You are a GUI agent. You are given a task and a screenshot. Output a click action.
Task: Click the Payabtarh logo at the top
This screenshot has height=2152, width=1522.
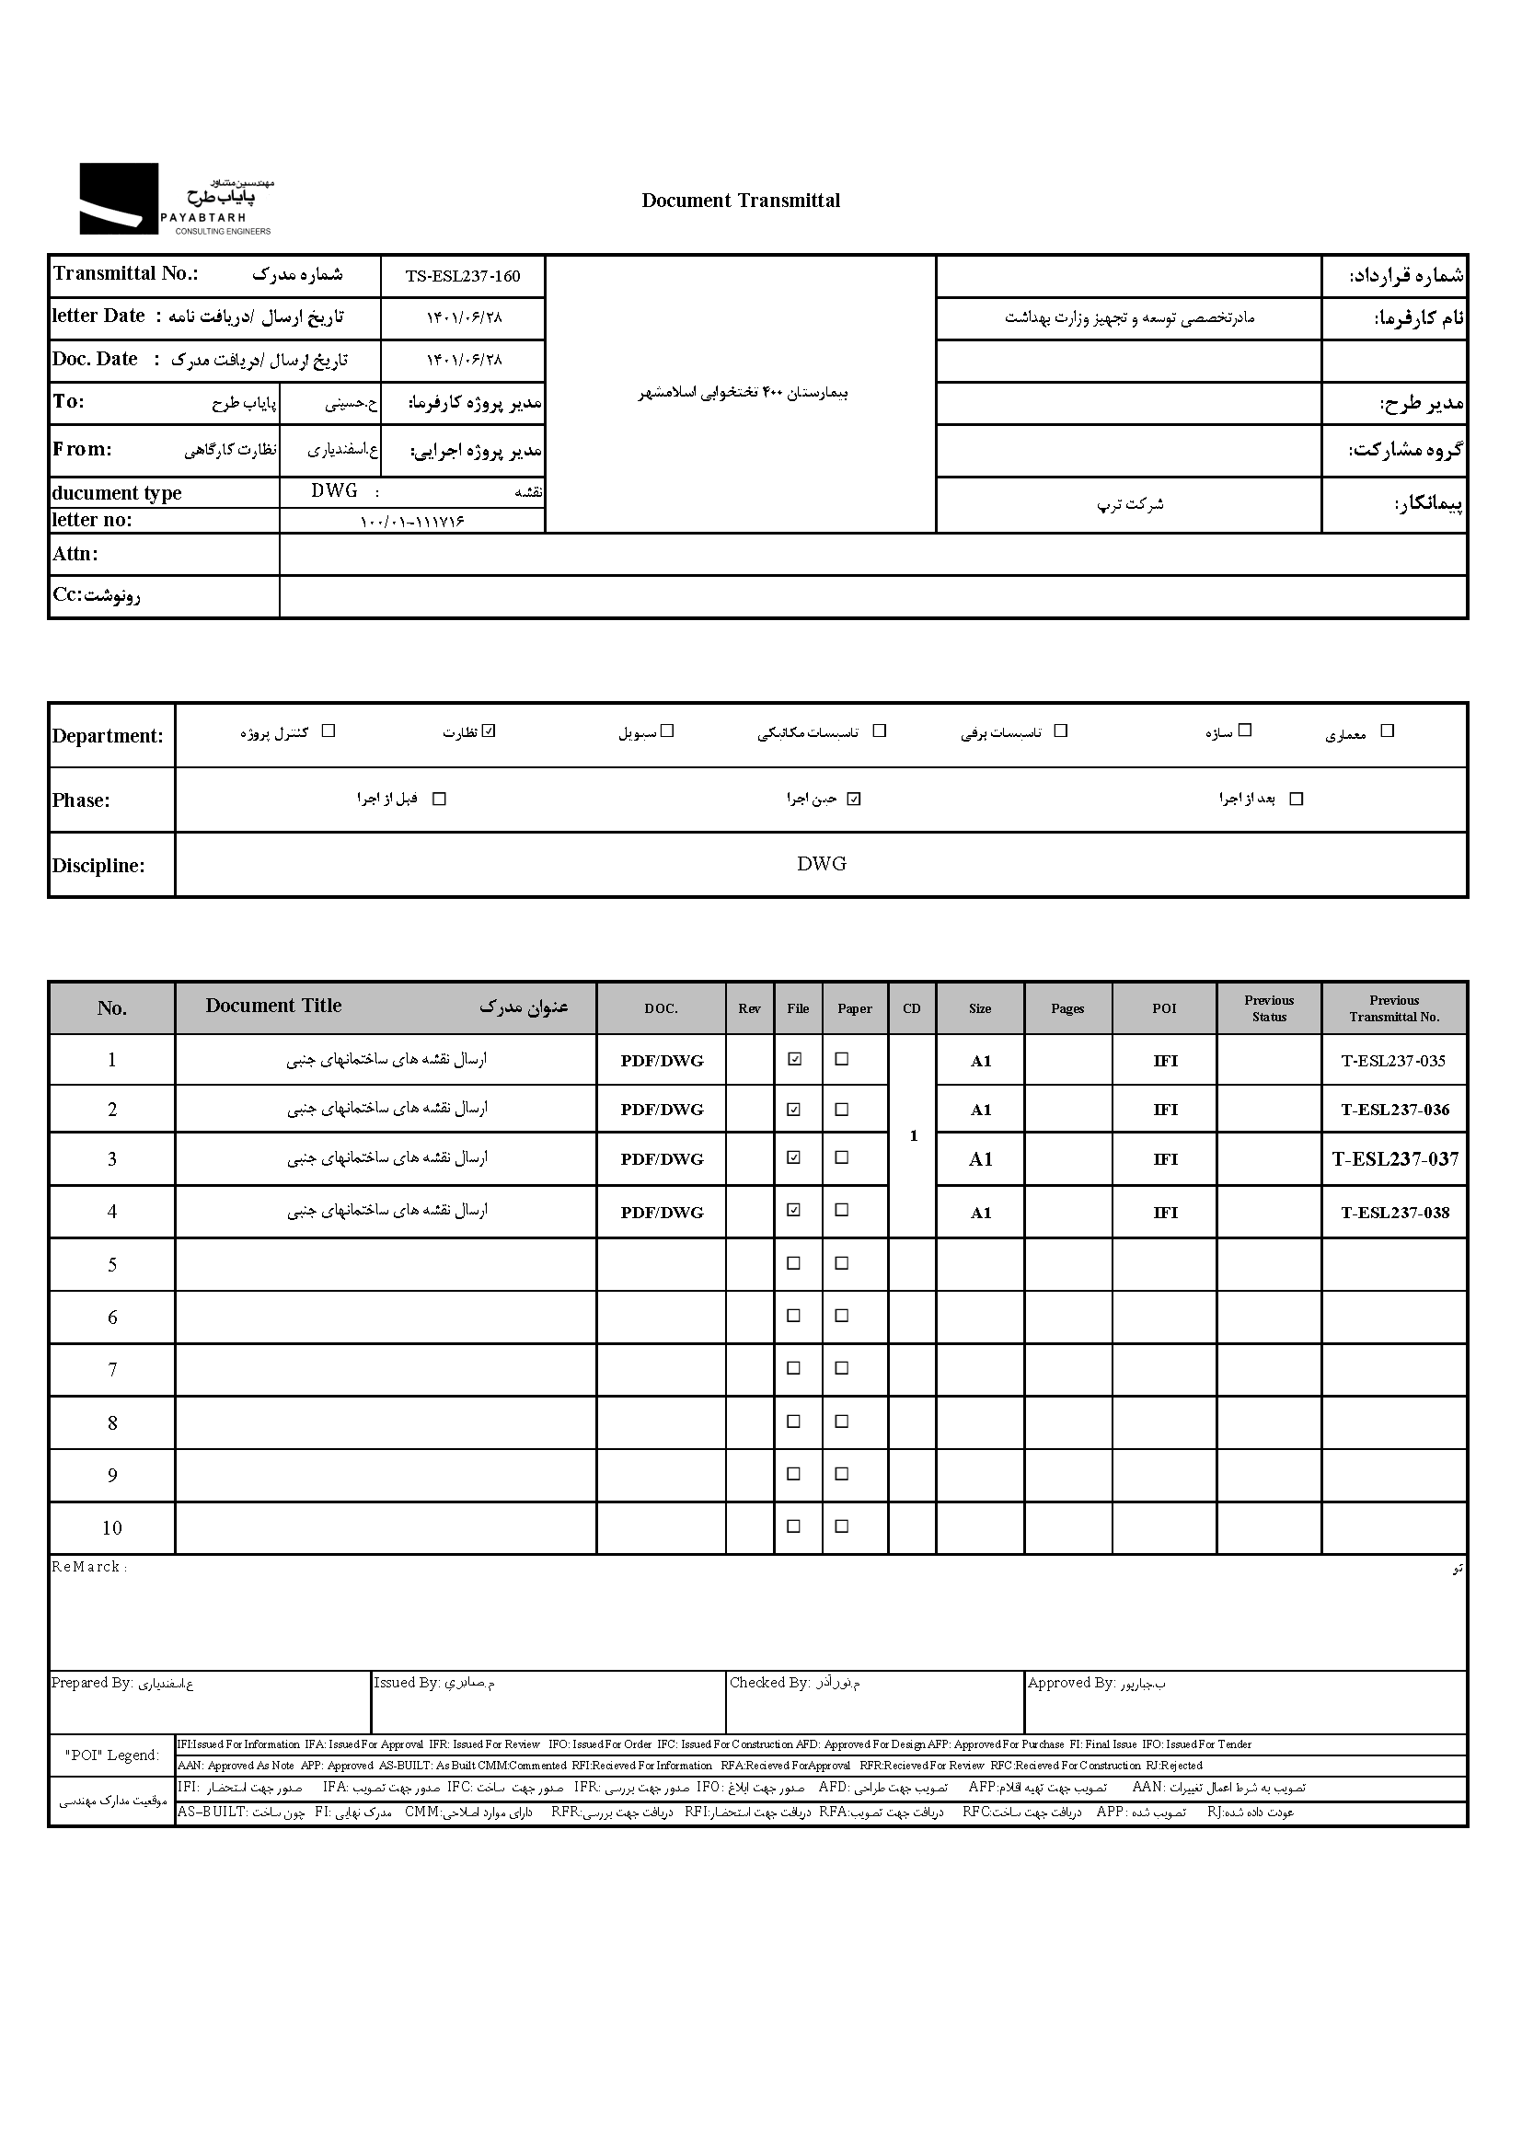coord(175,199)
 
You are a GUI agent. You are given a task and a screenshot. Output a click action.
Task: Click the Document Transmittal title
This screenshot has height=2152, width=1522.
coord(741,201)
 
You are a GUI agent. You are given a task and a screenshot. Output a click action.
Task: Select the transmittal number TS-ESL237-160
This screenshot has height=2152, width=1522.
coord(462,277)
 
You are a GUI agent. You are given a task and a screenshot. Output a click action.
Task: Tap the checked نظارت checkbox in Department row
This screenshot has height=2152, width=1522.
coord(489,731)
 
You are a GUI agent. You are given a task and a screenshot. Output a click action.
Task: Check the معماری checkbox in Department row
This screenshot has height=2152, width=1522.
coord(1388,731)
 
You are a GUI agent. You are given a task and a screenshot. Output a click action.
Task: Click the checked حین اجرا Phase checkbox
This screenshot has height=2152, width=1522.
coord(853,800)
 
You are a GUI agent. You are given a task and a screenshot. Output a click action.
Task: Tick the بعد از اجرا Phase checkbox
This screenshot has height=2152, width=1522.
coord(1297,800)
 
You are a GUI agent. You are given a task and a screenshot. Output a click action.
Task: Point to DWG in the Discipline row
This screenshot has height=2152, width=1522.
coord(821,864)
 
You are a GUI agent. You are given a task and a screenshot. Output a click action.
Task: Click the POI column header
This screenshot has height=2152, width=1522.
coord(1164,1008)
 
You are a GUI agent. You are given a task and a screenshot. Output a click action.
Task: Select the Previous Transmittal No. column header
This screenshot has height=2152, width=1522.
coord(1393,1008)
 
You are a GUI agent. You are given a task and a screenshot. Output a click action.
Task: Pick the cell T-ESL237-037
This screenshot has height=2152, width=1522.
coord(1394,1159)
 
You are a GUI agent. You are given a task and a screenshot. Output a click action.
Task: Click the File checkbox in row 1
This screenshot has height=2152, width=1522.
coord(795,1059)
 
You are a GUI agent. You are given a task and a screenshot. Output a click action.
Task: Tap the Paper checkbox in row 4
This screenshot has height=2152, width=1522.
coord(842,1210)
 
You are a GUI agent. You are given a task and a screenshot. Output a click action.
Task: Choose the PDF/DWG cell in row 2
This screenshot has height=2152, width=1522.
coord(662,1110)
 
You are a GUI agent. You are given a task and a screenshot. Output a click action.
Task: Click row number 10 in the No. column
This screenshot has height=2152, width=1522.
coord(111,1529)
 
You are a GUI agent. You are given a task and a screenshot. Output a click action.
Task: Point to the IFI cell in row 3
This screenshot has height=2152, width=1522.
coord(1165,1159)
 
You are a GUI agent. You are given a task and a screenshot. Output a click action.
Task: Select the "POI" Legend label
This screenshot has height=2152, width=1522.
coord(112,1755)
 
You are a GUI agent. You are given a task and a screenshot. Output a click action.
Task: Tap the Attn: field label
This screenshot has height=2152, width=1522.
coord(75,554)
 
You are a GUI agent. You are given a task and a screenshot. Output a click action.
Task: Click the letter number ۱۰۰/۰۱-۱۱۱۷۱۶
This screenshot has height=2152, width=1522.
coord(412,522)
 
